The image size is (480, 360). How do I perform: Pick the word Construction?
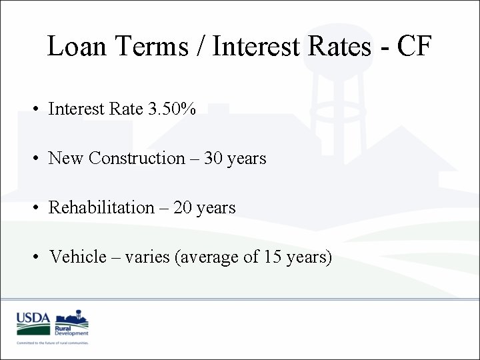[137, 158]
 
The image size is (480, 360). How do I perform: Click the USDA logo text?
[33, 318]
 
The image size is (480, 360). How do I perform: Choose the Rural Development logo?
[71, 323]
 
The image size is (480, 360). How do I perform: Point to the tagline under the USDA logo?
[53, 343]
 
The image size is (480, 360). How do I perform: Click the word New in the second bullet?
[66, 158]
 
